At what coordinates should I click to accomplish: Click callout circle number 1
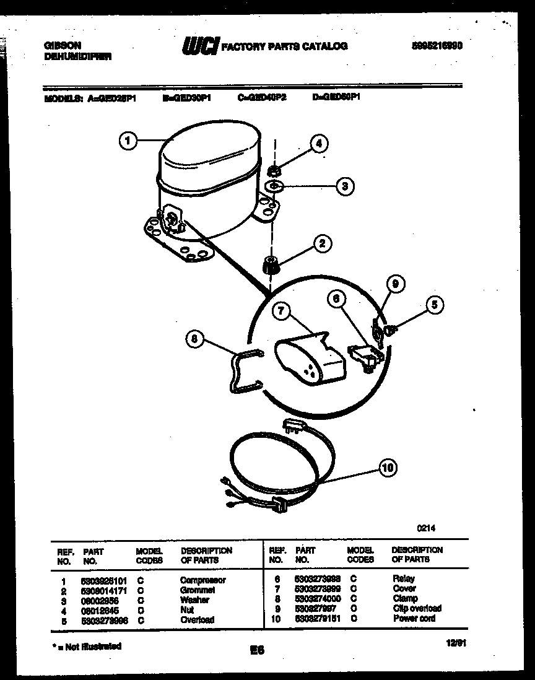pos(128,142)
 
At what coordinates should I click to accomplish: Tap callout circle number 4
pos(319,144)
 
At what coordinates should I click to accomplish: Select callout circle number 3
pos(345,185)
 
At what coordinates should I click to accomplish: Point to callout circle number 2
pos(321,243)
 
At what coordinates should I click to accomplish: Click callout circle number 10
pos(388,468)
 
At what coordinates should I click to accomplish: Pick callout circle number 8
pos(195,339)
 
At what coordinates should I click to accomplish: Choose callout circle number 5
pos(435,304)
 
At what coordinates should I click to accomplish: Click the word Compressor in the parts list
pos(202,580)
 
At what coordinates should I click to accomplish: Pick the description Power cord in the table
pos(414,618)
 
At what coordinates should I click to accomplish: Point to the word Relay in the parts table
pos(404,579)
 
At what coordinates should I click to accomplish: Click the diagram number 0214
pos(426,528)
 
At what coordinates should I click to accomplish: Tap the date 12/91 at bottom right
pos(455,645)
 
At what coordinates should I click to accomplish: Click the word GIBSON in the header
pos(63,45)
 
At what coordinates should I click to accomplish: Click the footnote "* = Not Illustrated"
pos(86,646)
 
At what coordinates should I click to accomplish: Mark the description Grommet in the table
pos(198,590)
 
